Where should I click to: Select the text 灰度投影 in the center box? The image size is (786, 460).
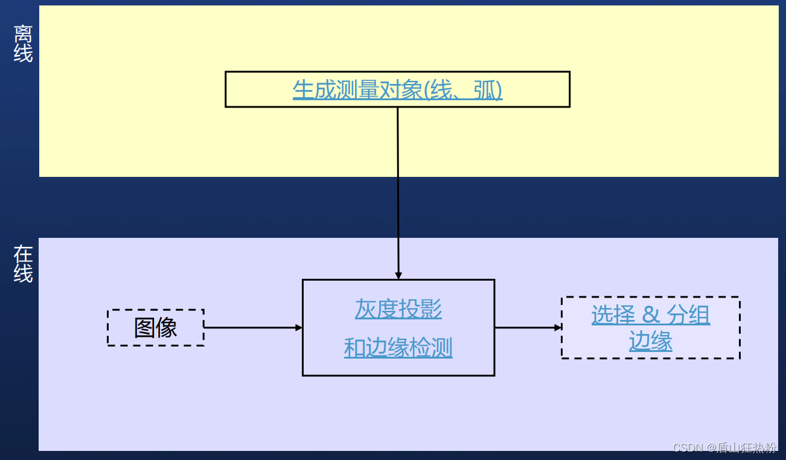tap(398, 309)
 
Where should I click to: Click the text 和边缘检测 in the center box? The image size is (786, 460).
tap(398, 348)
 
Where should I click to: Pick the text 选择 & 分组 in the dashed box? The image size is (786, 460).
tap(650, 315)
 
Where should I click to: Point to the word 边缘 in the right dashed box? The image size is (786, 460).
tap(650, 342)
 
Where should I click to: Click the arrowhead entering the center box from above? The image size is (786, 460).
tap(398, 275)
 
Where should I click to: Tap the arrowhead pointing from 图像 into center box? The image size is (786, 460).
tap(298, 328)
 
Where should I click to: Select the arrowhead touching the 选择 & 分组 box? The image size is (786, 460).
tap(558, 328)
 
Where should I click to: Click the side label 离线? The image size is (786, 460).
tap(23, 43)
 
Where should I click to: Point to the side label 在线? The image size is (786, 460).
tap(23, 264)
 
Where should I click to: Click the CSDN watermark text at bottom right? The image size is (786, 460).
tap(724, 447)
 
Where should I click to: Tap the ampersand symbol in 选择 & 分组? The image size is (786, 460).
tap(651, 315)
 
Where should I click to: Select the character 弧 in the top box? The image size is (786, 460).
tap(485, 90)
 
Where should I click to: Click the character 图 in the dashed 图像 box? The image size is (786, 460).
tap(145, 328)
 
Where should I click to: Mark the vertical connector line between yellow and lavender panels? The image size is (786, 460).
tap(398, 205)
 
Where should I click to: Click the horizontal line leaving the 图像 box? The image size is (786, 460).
tap(251, 328)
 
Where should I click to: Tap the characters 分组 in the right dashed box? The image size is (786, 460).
tap(688, 315)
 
